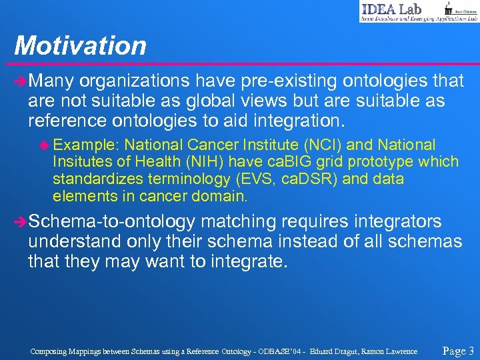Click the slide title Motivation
click(x=80, y=45)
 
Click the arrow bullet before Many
click(x=20, y=82)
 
